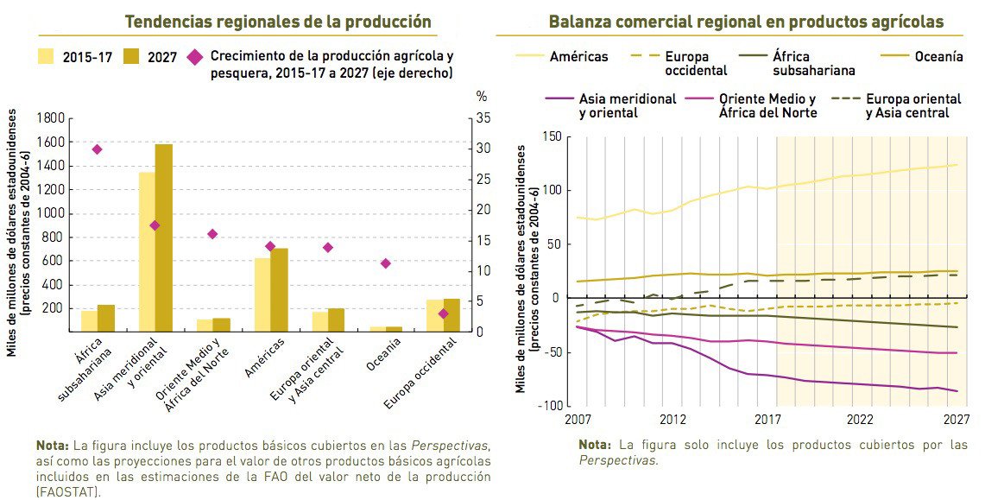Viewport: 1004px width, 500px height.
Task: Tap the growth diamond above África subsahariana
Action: coord(97,149)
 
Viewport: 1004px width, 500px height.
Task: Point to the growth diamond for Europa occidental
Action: coord(444,313)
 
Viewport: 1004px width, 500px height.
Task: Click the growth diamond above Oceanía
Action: coord(386,263)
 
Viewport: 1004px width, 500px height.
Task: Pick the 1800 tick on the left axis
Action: coord(53,118)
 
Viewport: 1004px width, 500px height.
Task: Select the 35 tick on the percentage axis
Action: coord(484,118)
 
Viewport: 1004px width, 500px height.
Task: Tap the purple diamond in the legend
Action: coord(195,58)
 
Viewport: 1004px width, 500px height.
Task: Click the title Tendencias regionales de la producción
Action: coord(278,22)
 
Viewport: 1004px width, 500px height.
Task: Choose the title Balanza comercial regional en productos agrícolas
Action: coord(746,22)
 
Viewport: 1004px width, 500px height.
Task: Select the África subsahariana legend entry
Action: coord(814,63)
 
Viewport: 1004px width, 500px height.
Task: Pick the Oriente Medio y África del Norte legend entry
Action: coord(767,105)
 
